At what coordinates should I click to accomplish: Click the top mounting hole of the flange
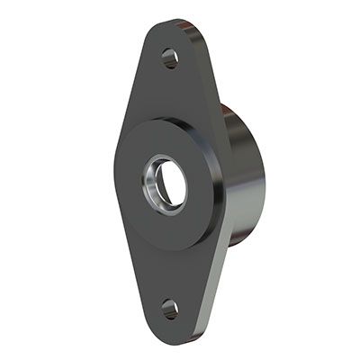tap(169, 58)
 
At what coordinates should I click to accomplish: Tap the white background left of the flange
tap(54, 180)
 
